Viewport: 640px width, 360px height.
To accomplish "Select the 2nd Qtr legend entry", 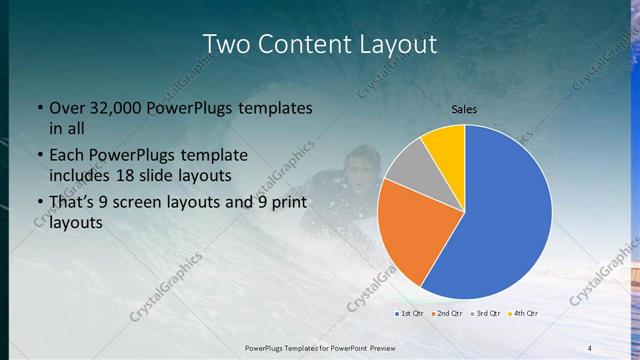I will pyautogui.click(x=446, y=314).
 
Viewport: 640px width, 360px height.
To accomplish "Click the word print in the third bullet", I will pyautogui.click(x=285, y=203).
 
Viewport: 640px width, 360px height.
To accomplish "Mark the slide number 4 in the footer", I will pyautogui.click(x=590, y=347).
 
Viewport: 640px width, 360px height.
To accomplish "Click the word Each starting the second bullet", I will pyautogui.click(x=69, y=156).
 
